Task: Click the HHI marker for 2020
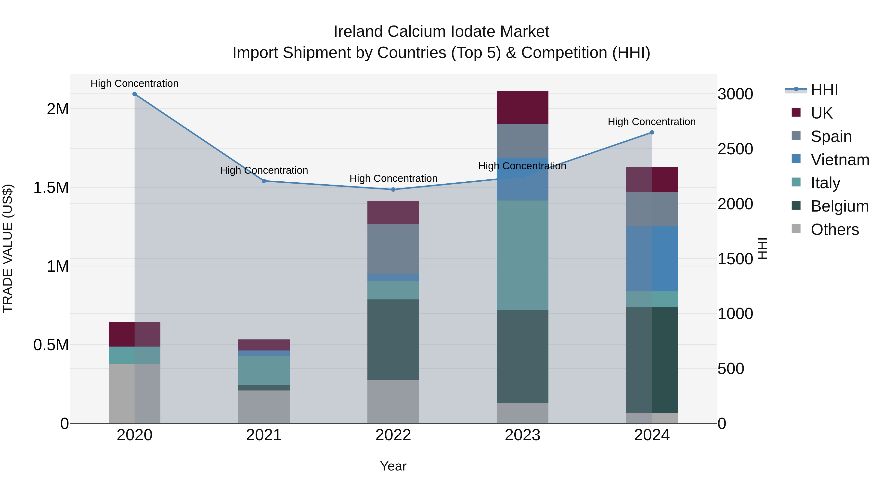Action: [134, 94]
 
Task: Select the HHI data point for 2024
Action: [652, 132]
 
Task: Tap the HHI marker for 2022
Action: [393, 189]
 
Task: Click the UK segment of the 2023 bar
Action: [522, 107]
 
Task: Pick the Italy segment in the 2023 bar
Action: [522, 255]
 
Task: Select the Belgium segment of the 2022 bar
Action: [393, 340]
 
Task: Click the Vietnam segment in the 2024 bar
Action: [652, 259]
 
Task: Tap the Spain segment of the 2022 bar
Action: [393, 249]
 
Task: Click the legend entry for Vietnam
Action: [840, 160]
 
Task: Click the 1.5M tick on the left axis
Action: [51, 188]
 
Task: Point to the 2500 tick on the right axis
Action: [735, 149]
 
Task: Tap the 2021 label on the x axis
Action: [264, 435]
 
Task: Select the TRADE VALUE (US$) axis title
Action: [8, 248]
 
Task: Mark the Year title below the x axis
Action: [393, 466]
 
